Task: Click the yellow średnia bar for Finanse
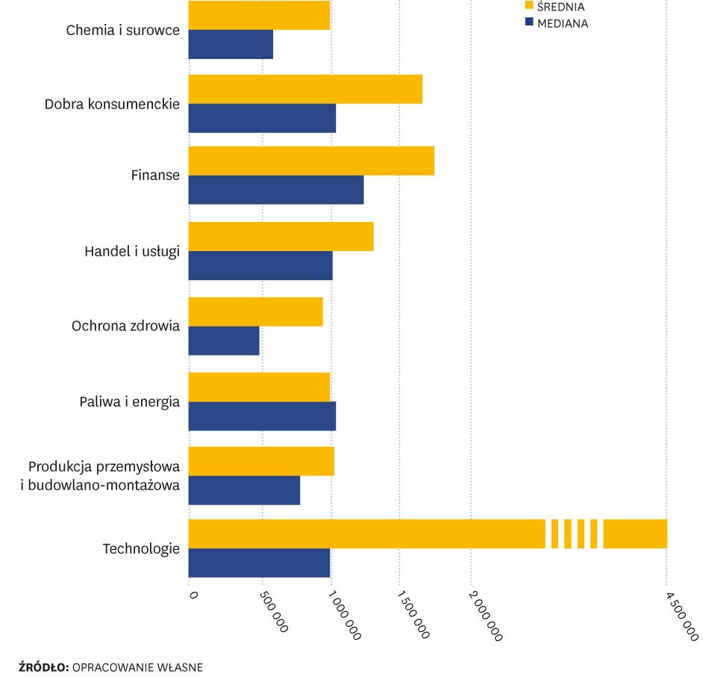point(311,161)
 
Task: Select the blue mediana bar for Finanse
point(276,190)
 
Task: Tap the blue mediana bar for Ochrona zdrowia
point(224,341)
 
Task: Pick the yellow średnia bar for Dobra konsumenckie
point(305,89)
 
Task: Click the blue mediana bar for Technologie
point(259,563)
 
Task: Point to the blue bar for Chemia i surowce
point(231,44)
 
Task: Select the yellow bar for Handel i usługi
point(281,236)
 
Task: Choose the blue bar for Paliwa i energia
point(262,415)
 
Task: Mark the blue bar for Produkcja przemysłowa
point(244,490)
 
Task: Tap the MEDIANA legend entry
point(562,23)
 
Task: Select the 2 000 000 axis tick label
point(485,616)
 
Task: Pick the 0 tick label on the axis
point(193,595)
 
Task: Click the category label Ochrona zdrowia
point(125,326)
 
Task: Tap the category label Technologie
point(141,548)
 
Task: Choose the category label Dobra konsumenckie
point(112,104)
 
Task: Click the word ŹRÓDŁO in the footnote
point(44,667)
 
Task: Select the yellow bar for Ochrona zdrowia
point(255,312)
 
